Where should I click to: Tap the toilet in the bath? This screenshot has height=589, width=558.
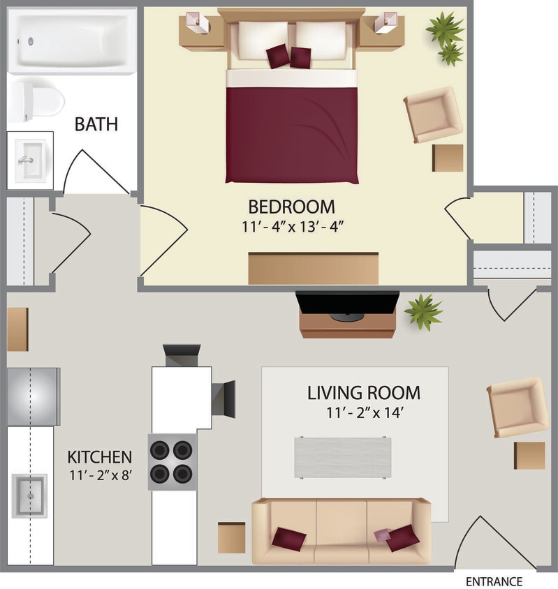pos(39,100)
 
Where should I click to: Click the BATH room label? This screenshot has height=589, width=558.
pos(96,125)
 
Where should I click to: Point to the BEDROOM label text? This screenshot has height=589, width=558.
pos(291,207)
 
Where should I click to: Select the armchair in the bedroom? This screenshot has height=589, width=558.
pos(433,114)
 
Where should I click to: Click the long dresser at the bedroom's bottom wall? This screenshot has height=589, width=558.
pos(313,269)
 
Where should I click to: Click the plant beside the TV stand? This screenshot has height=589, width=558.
pos(423,311)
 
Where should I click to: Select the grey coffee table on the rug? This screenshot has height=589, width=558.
pos(342,457)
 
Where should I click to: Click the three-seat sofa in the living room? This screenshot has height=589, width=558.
pos(341,531)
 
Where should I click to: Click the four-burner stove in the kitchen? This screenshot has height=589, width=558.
pos(171,461)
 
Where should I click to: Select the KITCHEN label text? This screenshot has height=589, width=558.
pos(99,458)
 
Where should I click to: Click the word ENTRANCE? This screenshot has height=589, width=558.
pos(494,581)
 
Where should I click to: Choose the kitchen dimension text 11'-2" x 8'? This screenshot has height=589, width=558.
pos(99,478)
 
